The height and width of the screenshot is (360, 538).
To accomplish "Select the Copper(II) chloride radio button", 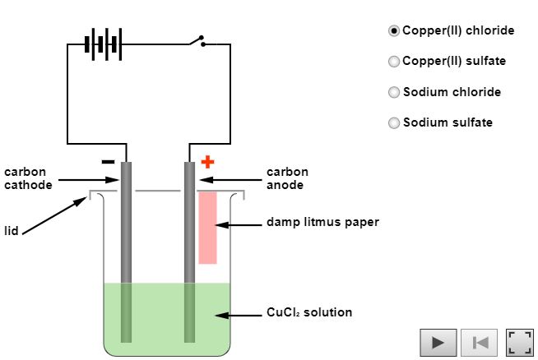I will pos(394,30).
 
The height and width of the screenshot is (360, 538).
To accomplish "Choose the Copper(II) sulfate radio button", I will pos(394,62).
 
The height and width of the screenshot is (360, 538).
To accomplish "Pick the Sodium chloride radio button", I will pos(394,92).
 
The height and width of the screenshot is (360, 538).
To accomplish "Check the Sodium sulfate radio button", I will pos(394,123).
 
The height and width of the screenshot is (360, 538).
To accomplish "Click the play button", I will pos(438,342).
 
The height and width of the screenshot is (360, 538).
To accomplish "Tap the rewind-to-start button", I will pos(479,342).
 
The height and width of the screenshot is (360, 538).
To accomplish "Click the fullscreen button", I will pos(519,342).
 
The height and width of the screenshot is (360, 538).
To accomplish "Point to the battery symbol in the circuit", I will pos(104,44).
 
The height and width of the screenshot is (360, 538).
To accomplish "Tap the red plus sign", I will pos(207,161).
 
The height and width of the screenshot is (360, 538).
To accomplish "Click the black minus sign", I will pos(108,162).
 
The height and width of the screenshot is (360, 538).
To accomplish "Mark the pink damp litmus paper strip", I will pos(207,228).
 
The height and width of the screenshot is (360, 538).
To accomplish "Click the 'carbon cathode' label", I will pos(28,178).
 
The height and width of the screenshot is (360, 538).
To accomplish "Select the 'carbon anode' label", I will pos(287,178).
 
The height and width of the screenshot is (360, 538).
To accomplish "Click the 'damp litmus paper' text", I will pos(322,222).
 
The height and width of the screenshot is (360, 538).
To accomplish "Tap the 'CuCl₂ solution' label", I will pos(309,312).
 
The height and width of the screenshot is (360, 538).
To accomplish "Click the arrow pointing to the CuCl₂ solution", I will pos(239,314).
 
